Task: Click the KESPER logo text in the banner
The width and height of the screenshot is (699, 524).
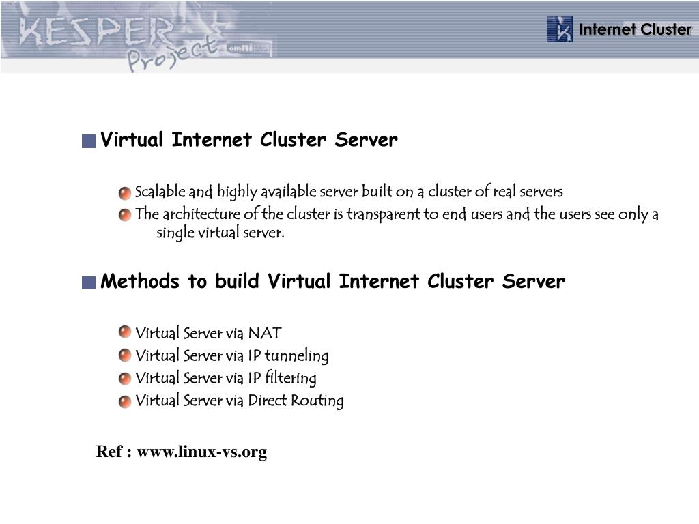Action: (96, 31)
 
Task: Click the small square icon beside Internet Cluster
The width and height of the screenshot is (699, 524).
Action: (560, 29)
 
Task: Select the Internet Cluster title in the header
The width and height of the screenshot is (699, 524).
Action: (635, 29)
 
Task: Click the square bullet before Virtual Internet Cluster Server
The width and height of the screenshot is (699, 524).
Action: (88, 142)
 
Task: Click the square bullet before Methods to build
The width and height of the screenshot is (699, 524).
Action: (88, 282)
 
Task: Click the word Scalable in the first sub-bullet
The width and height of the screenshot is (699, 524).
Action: (160, 192)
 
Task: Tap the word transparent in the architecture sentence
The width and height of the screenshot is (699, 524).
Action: (383, 214)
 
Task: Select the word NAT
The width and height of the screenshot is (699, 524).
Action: (264, 334)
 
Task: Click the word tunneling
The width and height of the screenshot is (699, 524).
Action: (296, 356)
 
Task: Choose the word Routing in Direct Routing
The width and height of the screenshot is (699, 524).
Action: (317, 401)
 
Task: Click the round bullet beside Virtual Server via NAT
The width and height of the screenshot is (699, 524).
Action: (124, 332)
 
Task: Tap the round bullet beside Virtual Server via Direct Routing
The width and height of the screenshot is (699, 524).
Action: (124, 401)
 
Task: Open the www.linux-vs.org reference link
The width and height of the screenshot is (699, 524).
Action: (201, 452)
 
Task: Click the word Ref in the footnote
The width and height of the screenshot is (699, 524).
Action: (109, 452)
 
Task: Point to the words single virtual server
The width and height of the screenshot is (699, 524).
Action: (220, 233)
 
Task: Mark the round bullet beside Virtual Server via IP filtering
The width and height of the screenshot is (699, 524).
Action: (124, 379)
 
